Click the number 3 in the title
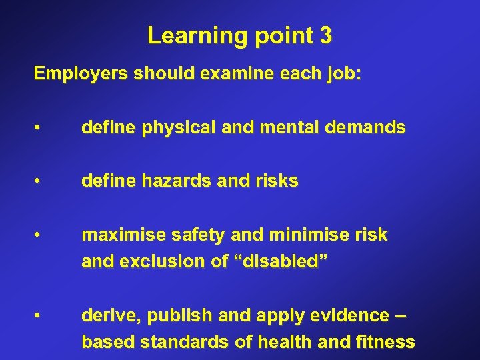[x=325, y=35]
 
